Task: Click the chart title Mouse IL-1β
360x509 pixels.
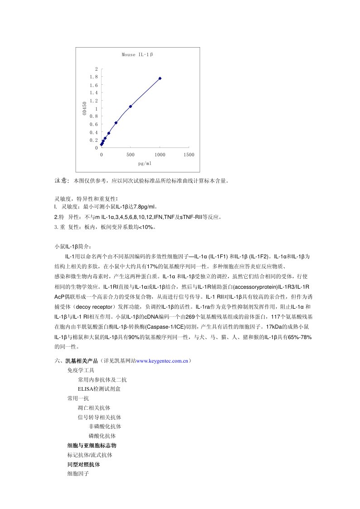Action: pos(137,55)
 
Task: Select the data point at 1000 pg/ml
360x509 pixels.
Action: pos(160,78)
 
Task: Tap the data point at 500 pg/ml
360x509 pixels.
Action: pos(131,107)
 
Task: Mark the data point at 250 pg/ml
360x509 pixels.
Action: pos(116,123)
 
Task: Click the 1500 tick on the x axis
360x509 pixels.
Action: pos(189,155)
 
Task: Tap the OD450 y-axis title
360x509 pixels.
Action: pos(85,108)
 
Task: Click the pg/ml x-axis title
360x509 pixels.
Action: pos(145,163)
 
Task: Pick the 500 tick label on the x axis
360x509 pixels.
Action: pos(131,155)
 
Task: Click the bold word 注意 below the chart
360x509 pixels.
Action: pos(62,180)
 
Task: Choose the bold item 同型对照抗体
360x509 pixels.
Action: pos(83,465)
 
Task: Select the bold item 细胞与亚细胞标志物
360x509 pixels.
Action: pos(92,446)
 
